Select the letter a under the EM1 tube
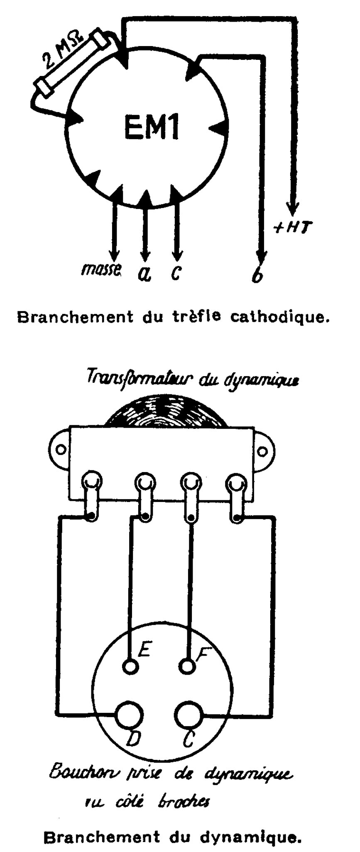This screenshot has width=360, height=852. [144, 273]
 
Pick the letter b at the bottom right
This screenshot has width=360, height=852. [258, 274]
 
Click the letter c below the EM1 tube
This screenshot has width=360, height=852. [176, 272]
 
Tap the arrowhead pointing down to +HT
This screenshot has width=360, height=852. [292, 206]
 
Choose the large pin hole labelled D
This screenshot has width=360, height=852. [130, 715]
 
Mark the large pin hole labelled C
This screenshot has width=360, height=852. [188, 715]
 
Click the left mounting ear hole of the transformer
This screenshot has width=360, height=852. [61, 450]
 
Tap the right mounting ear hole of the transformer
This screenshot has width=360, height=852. [262, 450]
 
